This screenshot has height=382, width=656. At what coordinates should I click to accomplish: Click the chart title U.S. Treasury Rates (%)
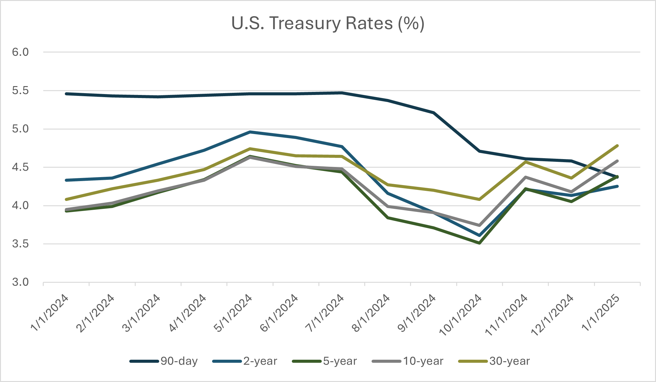click(x=328, y=24)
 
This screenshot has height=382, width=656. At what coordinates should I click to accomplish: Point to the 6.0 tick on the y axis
click(x=20, y=52)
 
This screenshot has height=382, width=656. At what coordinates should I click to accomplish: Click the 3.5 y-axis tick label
click(x=20, y=244)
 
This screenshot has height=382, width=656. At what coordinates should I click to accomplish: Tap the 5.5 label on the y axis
click(x=20, y=91)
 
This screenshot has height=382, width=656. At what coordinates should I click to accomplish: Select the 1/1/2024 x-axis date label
click(x=50, y=313)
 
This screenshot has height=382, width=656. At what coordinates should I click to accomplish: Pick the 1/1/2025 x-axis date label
click(x=601, y=313)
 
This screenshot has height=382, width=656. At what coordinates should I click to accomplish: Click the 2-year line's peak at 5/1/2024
click(x=250, y=132)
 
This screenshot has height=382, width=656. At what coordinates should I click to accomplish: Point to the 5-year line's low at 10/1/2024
click(x=479, y=243)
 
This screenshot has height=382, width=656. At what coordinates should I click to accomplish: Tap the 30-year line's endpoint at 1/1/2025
click(x=617, y=146)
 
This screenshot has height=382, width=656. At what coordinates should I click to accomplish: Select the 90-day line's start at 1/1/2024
click(x=66, y=94)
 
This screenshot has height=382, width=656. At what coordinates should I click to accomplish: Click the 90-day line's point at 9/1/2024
click(x=434, y=113)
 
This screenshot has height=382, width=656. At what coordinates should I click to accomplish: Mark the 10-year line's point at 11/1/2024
click(x=526, y=177)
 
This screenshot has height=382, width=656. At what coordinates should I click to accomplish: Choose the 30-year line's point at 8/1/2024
click(x=388, y=185)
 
